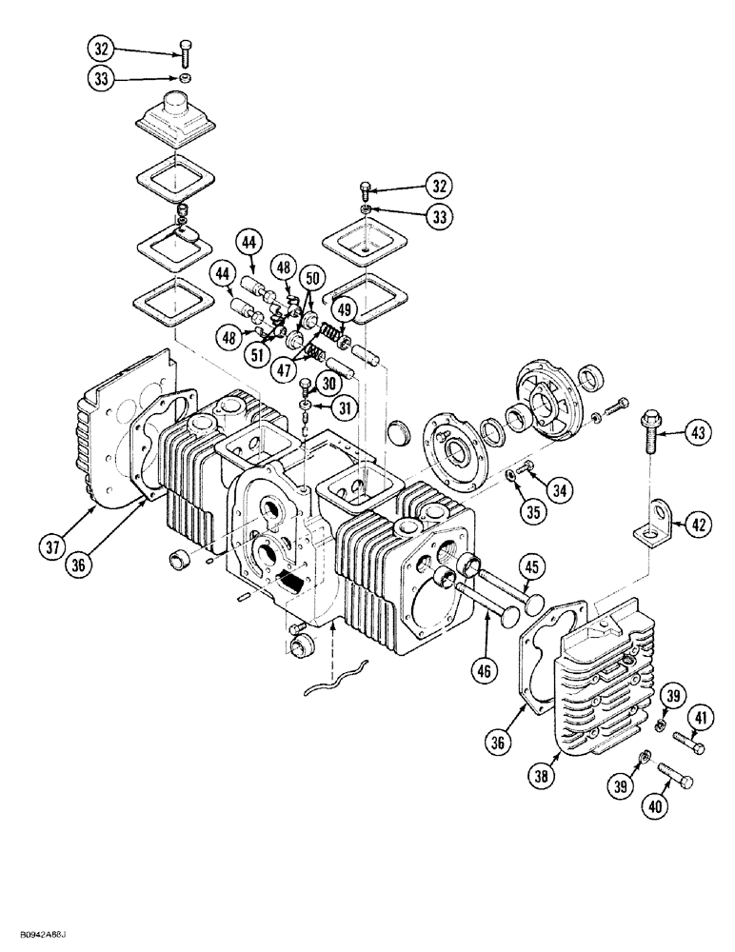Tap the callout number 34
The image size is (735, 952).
561,490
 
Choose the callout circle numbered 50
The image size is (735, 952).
310,279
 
